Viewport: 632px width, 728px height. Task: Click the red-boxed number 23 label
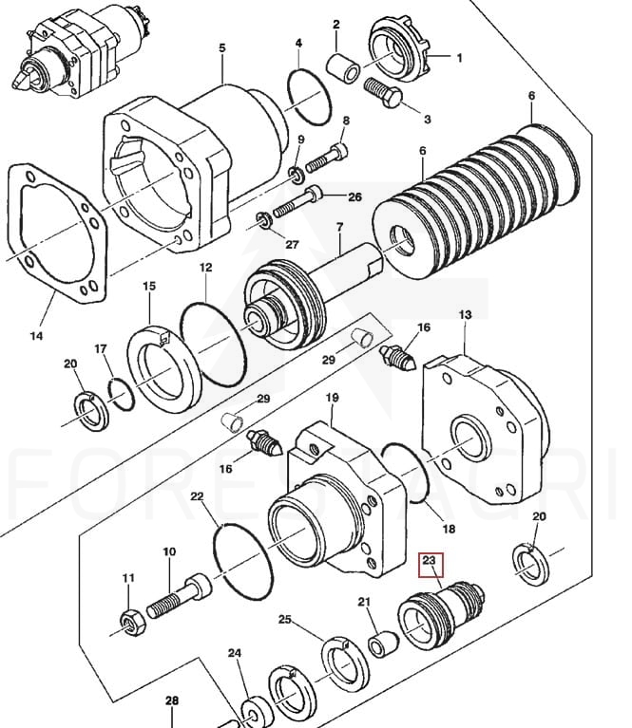click(429, 562)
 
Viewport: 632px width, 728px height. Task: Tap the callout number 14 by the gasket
click(37, 335)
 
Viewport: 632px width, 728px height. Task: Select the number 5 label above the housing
click(222, 48)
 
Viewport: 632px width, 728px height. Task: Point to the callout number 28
click(171, 701)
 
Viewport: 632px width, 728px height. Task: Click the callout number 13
click(465, 314)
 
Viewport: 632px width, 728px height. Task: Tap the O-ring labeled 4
click(306, 95)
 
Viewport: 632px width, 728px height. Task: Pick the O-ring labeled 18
click(409, 469)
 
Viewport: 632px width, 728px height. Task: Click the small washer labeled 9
click(297, 174)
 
